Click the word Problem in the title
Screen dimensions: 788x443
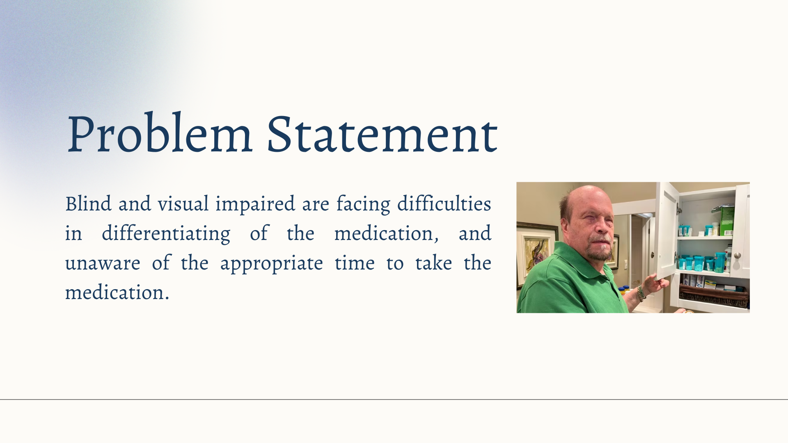pos(159,133)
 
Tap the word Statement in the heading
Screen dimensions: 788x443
pos(382,133)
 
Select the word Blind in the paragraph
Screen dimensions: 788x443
pos(88,203)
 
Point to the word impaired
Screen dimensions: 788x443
pos(255,204)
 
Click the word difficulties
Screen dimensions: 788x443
pos(444,203)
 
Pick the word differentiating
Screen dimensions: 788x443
pos(166,234)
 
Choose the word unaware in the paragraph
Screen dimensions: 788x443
pos(103,263)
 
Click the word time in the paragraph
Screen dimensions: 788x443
pos(355,263)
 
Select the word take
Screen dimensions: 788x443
pos(433,263)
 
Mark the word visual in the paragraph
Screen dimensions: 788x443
pos(183,204)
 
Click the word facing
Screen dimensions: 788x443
pos(363,204)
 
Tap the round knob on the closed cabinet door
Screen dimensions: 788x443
pos(738,256)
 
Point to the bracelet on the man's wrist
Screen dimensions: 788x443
pos(641,292)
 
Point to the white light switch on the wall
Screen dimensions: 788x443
pos(626,263)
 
